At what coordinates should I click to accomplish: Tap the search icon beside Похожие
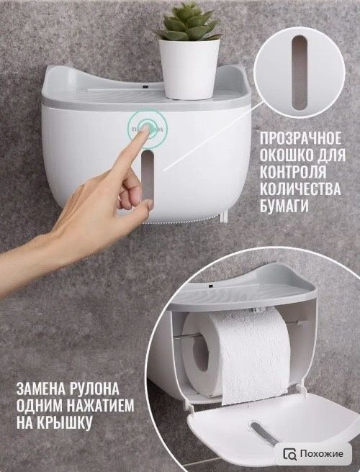290,454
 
